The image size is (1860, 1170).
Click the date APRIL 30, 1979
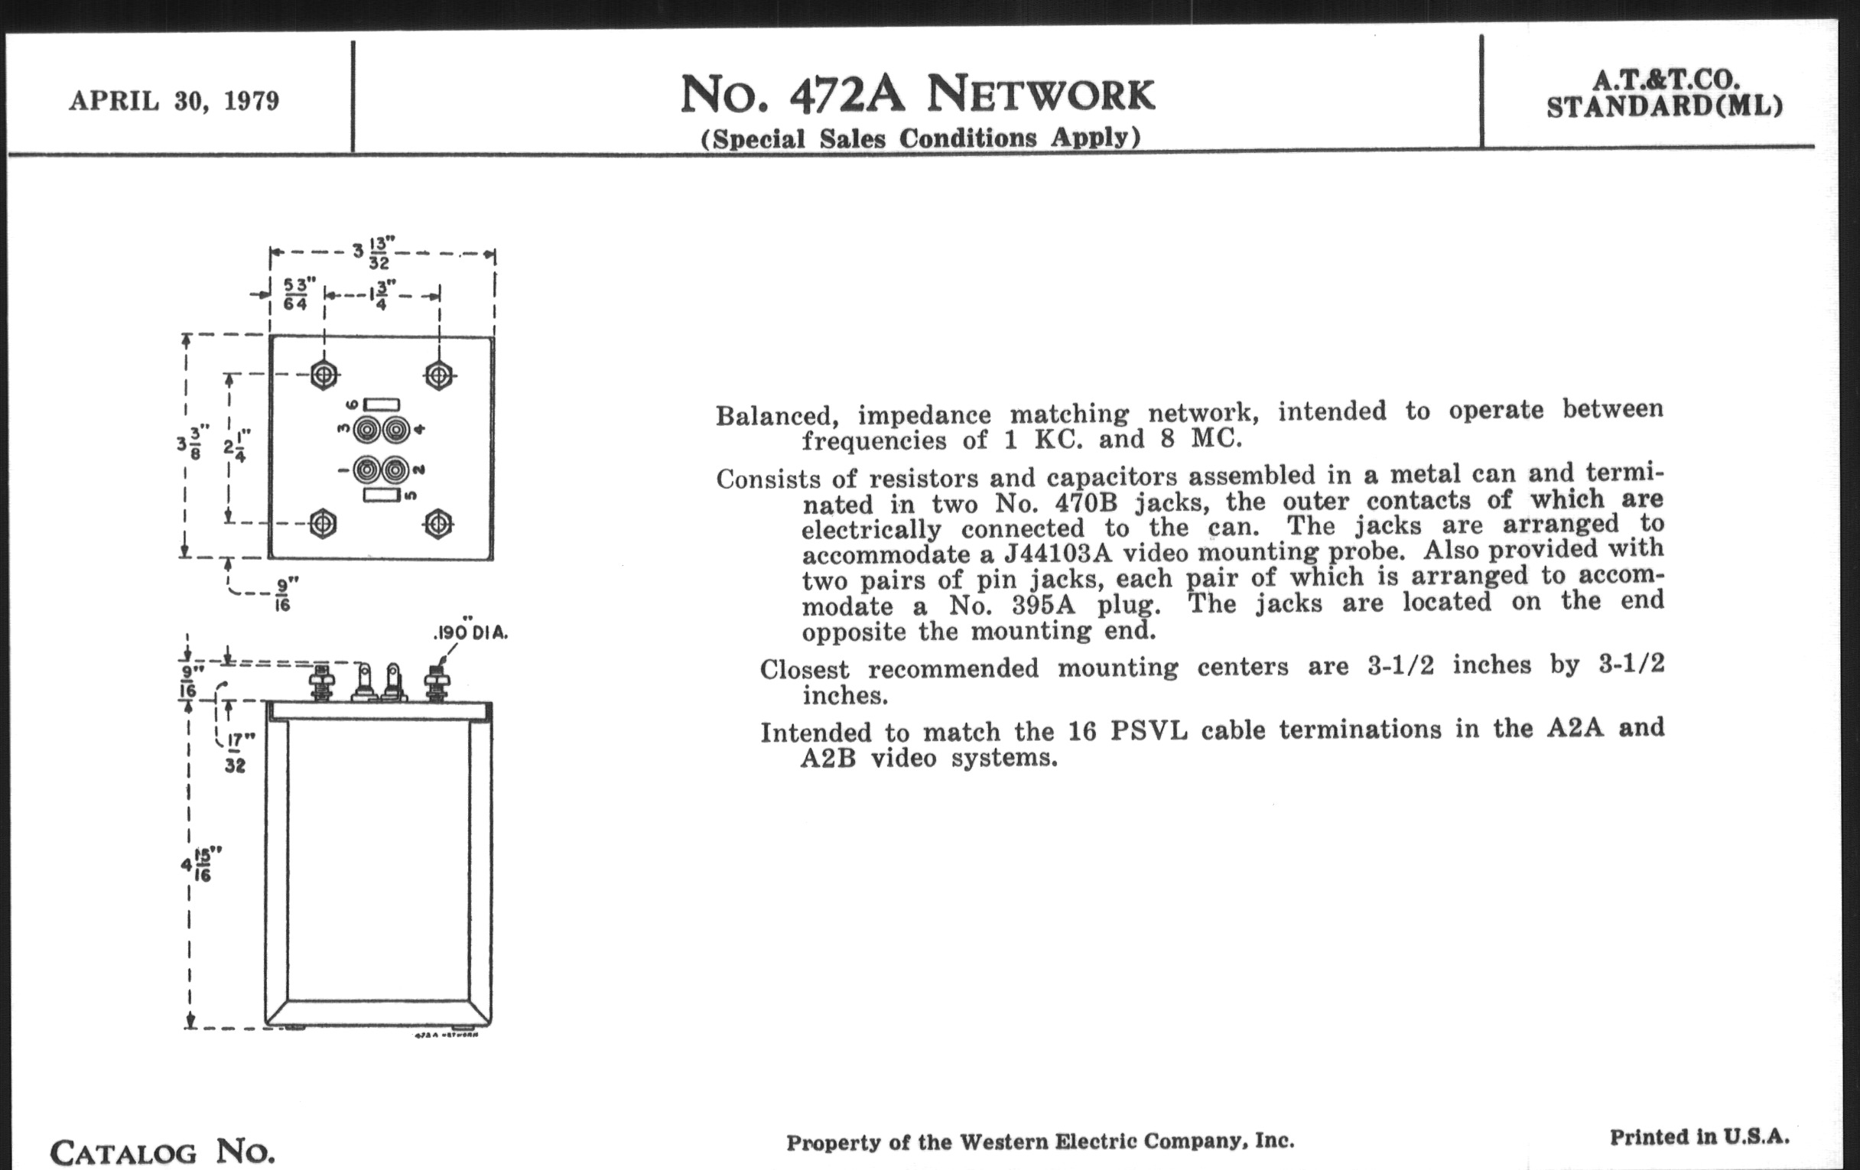pyautogui.click(x=174, y=101)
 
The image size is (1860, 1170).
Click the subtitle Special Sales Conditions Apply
pyautogui.click(x=920, y=138)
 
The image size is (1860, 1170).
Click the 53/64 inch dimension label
pyautogui.click(x=295, y=294)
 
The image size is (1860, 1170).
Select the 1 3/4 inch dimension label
pyautogui.click(x=382, y=294)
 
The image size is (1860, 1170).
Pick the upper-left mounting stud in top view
pyautogui.click(x=324, y=376)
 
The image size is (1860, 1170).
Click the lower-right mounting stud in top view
pyautogui.click(x=439, y=525)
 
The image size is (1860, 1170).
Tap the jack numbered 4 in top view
pyautogui.click(x=395, y=430)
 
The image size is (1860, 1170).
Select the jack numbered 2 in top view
pyautogui.click(x=395, y=470)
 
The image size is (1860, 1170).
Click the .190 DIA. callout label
pyautogui.click(x=470, y=632)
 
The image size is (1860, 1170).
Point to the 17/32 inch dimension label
pyautogui.click(x=236, y=753)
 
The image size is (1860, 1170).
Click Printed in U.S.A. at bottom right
pyautogui.click(x=1699, y=1137)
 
